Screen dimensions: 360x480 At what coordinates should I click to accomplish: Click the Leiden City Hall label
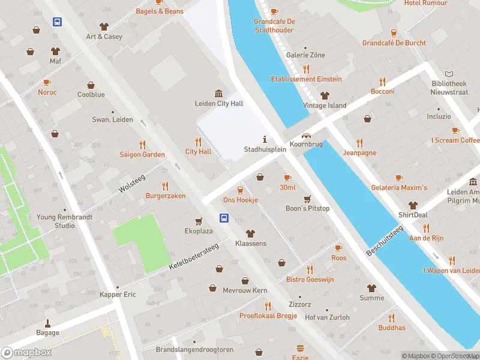tap(219, 104)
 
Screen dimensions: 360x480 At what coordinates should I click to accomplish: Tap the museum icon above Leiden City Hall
tap(219, 93)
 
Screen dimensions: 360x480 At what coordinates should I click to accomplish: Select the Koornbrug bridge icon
tap(307, 136)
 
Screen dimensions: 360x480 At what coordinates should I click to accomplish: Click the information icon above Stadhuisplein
tap(264, 139)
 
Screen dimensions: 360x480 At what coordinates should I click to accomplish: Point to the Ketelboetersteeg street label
tap(194, 256)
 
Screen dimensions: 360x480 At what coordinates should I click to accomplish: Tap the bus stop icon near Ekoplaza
tap(224, 218)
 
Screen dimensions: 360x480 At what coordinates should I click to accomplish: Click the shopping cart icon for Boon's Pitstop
tap(307, 199)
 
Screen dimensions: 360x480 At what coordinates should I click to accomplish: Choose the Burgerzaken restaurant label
tap(166, 196)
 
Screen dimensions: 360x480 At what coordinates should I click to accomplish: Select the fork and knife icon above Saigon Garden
tap(142, 145)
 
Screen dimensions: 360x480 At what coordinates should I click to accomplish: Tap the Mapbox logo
tap(26, 353)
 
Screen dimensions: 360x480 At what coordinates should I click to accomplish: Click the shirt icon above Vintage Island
tap(325, 95)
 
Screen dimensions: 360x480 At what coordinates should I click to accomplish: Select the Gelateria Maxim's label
tap(399, 188)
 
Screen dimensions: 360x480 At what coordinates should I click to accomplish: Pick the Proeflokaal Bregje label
tap(268, 316)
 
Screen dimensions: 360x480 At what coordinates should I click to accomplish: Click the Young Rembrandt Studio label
tap(56, 221)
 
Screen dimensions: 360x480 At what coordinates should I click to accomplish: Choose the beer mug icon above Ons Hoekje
tap(241, 190)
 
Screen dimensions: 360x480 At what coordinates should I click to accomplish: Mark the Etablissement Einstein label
tap(306, 79)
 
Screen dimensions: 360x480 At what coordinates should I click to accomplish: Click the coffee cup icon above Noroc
tap(47, 83)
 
